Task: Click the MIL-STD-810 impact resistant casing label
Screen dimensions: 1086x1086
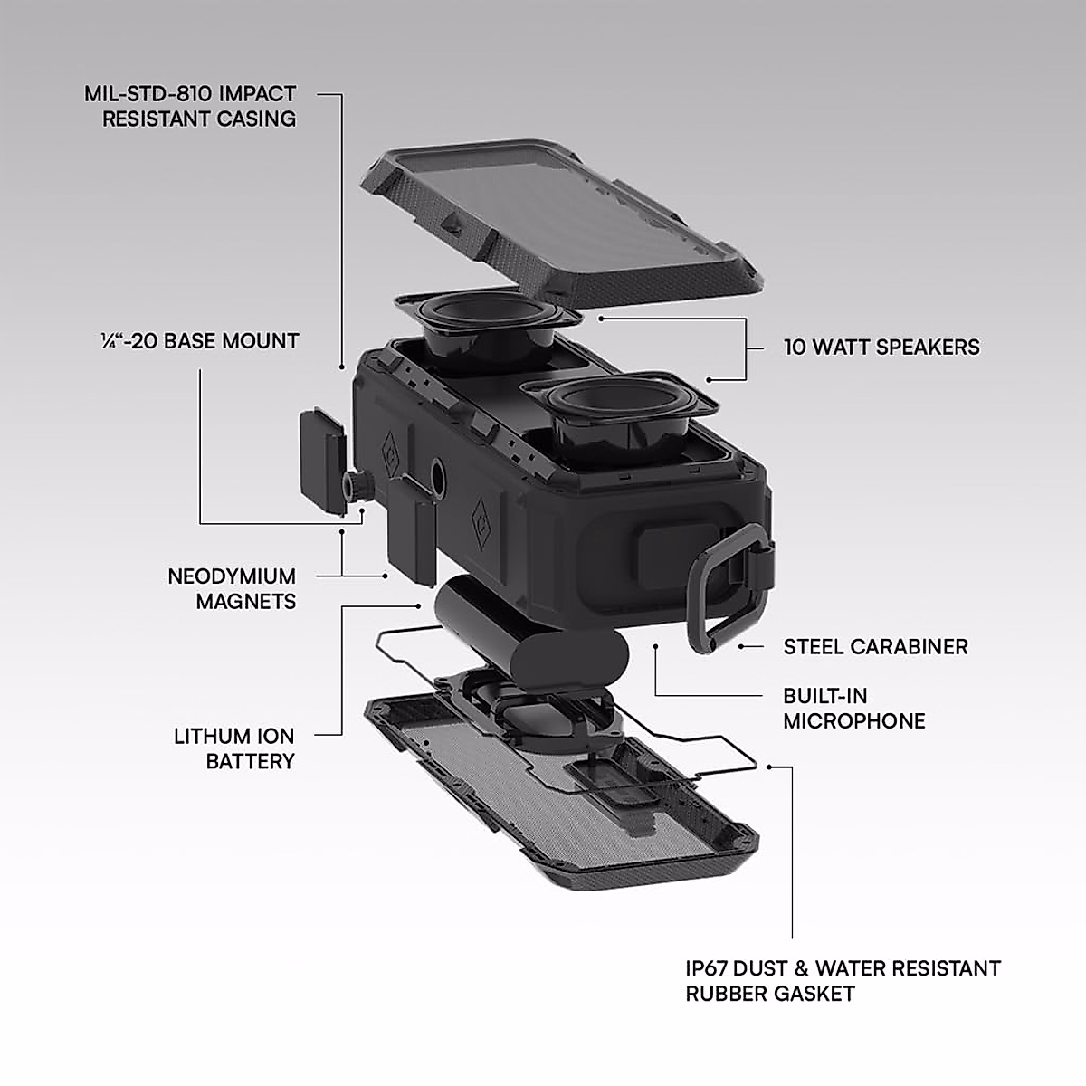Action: click(x=199, y=106)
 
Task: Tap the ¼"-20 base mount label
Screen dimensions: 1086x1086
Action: click(x=199, y=341)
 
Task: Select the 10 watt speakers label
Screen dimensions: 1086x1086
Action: click(x=881, y=347)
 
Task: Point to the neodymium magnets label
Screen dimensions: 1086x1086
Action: click(x=232, y=588)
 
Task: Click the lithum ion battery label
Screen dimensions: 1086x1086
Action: click(x=234, y=748)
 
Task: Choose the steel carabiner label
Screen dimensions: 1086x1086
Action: click(x=875, y=646)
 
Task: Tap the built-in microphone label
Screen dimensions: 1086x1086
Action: click(x=853, y=709)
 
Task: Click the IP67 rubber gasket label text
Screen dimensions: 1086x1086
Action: click(x=843, y=981)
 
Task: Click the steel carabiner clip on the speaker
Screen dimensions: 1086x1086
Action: click(x=724, y=588)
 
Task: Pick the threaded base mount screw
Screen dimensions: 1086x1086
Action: click(x=356, y=486)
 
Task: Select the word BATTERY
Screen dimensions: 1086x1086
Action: click(x=250, y=761)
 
